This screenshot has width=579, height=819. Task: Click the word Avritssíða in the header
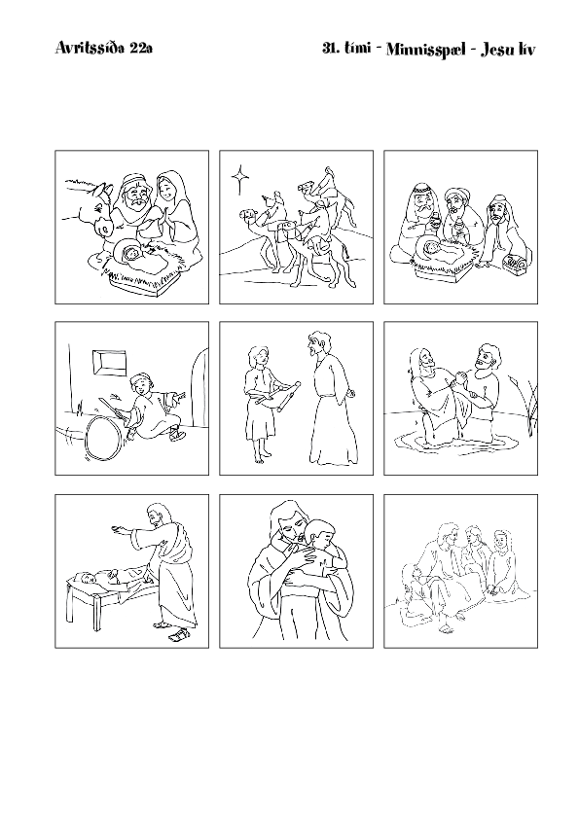coord(90,49)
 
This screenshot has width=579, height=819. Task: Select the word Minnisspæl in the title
coord(426,50)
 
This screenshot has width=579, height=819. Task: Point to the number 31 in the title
coord(329,49)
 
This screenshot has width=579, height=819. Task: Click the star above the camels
coord(240,179)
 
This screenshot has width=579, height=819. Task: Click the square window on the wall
coord(109,363)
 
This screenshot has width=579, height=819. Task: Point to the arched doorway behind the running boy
coord(200,387)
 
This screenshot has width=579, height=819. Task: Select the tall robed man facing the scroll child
coord(328,397)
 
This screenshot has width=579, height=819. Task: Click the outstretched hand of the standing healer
coord(117,530)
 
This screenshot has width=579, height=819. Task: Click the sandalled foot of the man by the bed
coord(179,636)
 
